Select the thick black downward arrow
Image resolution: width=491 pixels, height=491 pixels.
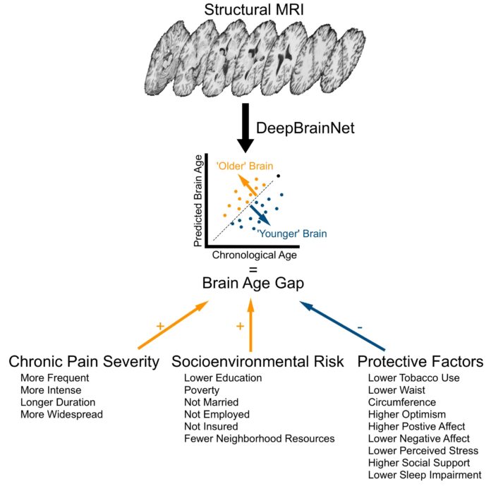pyautogui.click(x=245, y=127)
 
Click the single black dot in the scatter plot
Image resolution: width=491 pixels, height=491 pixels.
pyautogui.click(x=279, y=176)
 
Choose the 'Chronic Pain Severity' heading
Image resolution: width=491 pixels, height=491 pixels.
pyautogui.click(x=84, y=362)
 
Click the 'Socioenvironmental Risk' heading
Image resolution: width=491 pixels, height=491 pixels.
pyautogui.click(x=258, y=362)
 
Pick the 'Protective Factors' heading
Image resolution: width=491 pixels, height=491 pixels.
pyautogui.click(x=420, y=362)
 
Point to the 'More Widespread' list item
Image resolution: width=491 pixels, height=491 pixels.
pyautogui.click(x=62, y=414)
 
